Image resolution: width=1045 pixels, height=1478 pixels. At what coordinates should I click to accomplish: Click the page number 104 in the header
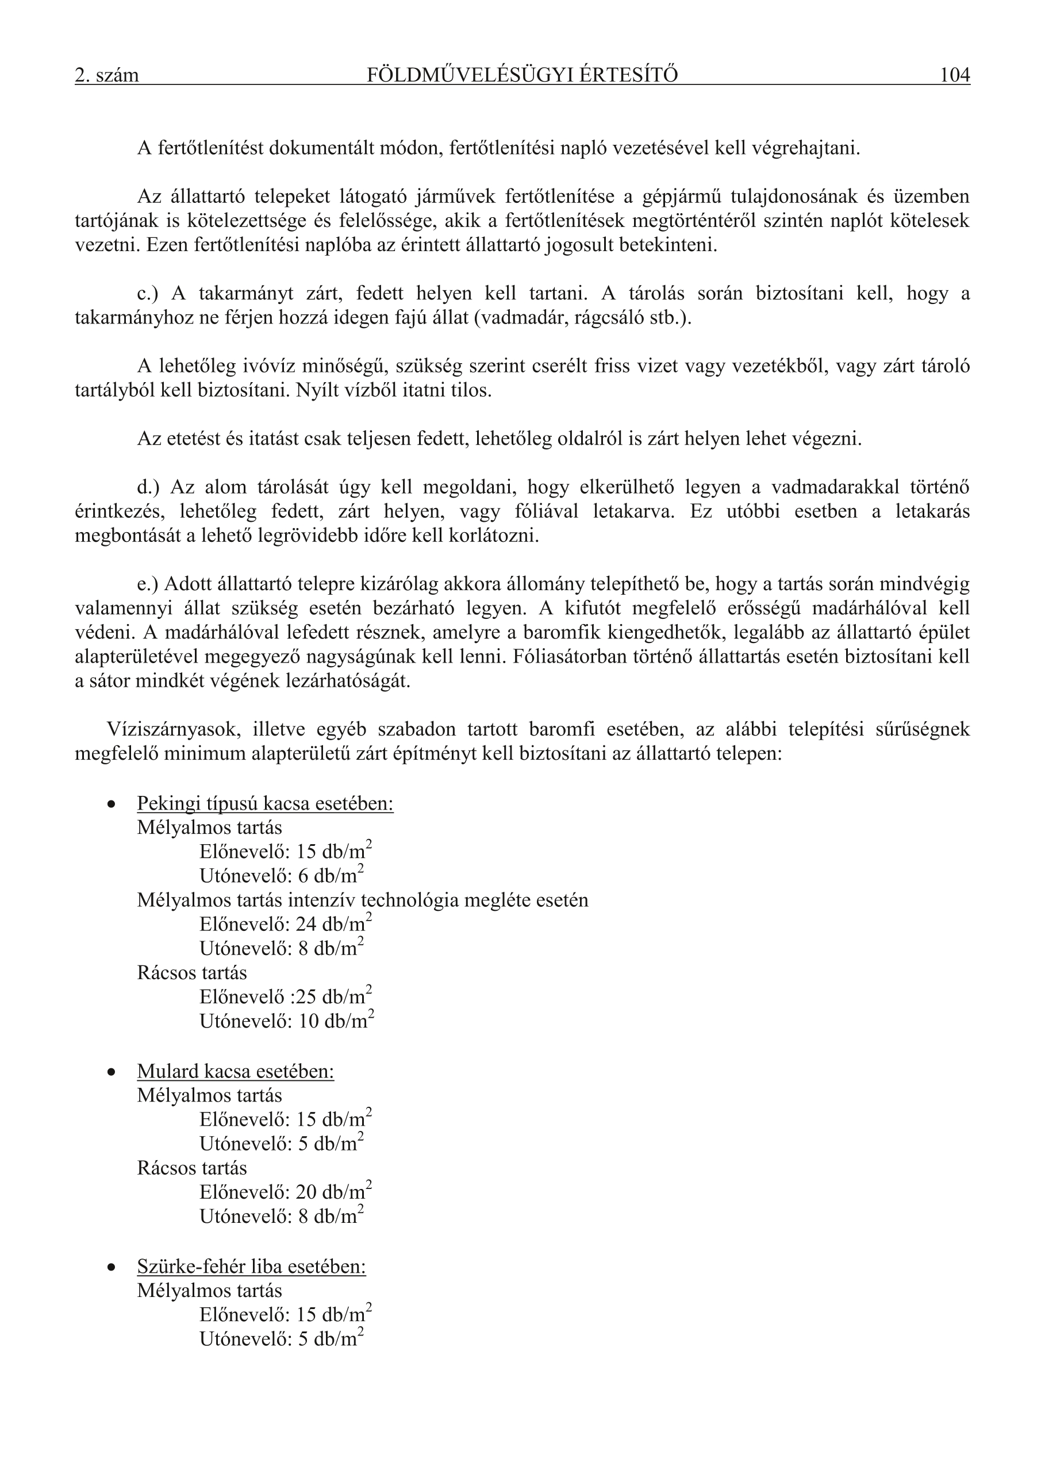coord(954,75)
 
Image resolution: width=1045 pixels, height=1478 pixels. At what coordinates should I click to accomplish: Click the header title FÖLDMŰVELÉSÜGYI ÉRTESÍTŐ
coord(522,75)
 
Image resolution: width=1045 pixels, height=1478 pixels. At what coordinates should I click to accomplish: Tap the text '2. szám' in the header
coord(107,76)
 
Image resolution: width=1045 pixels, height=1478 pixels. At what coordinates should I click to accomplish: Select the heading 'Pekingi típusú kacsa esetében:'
coord(266,804)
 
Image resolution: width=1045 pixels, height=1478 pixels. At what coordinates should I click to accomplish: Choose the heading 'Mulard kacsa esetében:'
coord(236,1071)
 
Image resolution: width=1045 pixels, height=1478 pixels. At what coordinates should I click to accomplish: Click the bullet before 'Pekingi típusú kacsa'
coord(112,805)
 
